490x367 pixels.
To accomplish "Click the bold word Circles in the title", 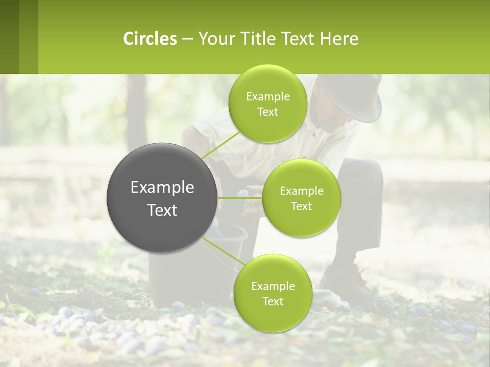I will point(150,39).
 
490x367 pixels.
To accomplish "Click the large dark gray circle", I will point(162,198).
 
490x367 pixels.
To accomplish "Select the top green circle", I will point(267,103).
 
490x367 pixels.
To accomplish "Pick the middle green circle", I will point(301,198).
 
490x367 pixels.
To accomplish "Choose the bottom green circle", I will point(273,293).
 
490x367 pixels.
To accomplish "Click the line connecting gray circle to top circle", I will point(220,145).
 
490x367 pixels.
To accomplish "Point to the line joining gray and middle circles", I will point(239,198).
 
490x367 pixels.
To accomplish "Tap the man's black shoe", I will point(347,285).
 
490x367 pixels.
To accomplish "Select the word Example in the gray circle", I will point(162,188).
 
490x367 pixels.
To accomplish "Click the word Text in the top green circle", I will point(267,112).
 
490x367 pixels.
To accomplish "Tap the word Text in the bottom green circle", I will point(273,301).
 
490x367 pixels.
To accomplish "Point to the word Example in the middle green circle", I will point(301,191).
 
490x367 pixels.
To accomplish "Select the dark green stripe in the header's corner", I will point(10,37).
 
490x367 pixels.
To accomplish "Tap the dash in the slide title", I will point(187,39).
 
